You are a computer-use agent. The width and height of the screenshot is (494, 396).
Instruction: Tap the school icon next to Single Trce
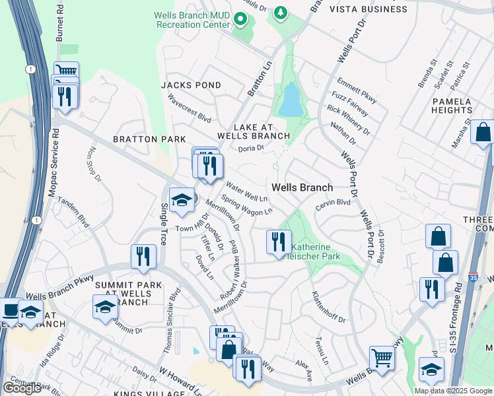point(181,200)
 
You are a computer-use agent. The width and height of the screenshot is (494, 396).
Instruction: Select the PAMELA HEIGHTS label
point(452,106)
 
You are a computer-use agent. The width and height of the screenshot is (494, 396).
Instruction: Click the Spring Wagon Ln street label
point(246,205)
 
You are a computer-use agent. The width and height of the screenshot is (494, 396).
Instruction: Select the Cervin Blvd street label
point(332,205)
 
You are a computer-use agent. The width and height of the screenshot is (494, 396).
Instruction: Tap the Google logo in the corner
point(22,387)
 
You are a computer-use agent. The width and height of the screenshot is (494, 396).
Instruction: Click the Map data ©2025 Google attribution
point(452,391)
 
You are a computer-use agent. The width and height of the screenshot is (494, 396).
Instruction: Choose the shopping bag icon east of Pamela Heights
point(483,131)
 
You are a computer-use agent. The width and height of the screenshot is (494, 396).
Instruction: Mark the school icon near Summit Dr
point(105,306)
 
